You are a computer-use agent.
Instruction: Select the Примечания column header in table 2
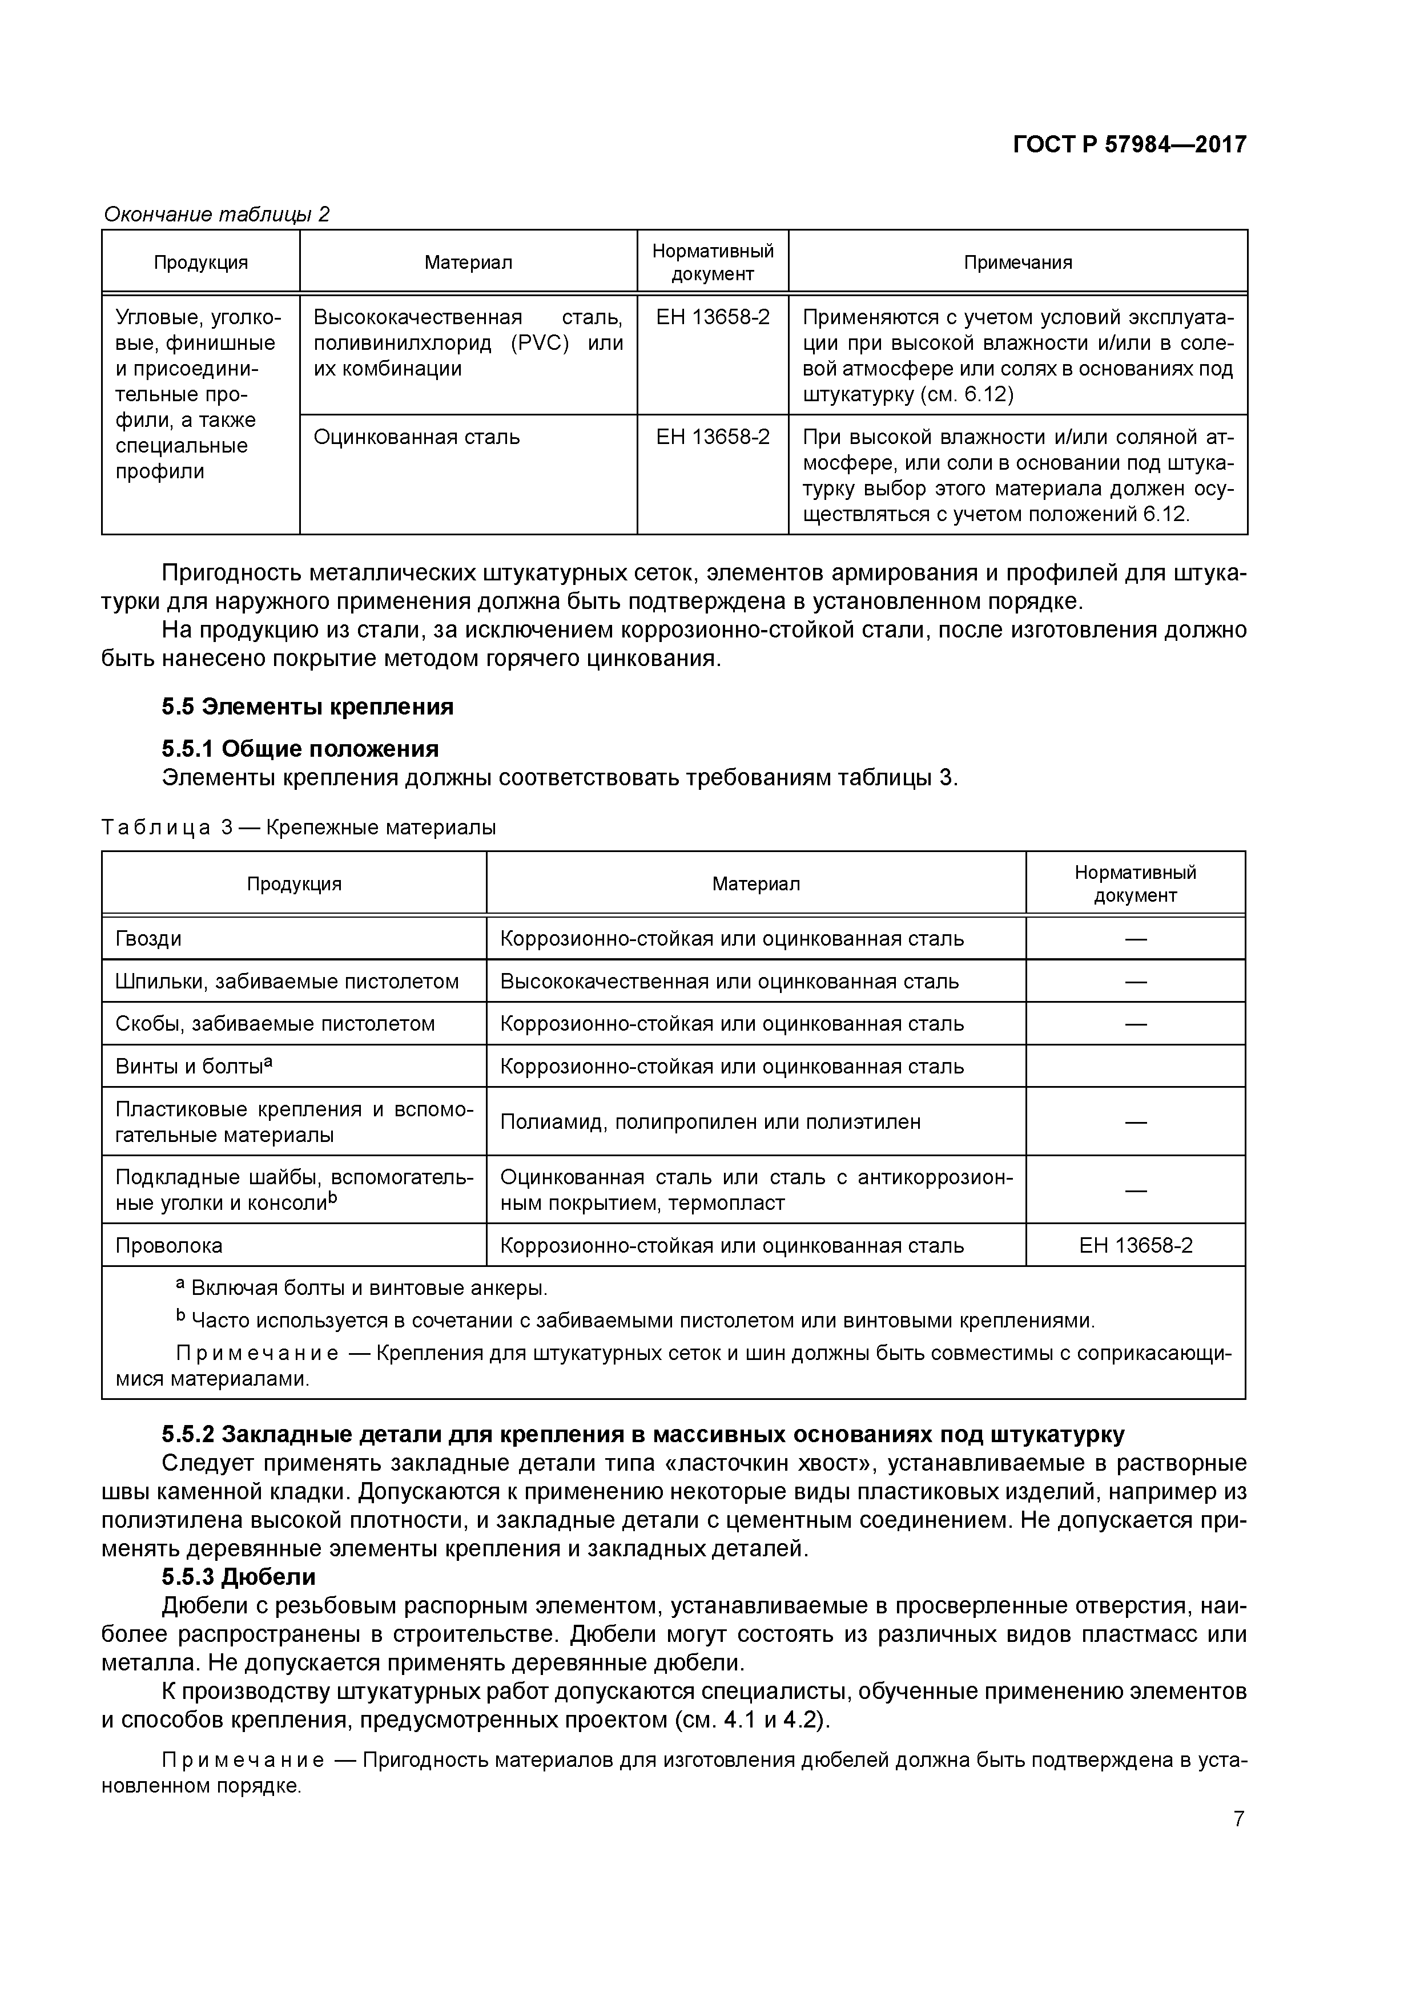[1017, 263]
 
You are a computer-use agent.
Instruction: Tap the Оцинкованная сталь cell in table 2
[416, 437]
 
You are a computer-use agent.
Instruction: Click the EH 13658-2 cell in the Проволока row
[1135, 1245]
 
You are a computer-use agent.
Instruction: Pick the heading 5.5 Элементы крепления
[307, 707]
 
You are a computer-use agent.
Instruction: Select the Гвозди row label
[148, 939]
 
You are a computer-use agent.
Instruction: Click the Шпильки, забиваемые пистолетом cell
[287, 982]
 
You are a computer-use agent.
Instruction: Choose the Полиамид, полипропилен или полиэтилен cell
[710, 1121]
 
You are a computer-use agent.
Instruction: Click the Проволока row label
[168, 1245]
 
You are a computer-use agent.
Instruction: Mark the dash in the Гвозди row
[1135, 939]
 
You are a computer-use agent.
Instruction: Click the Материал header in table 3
[755, 883]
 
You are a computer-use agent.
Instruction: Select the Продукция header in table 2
[200, 263]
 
